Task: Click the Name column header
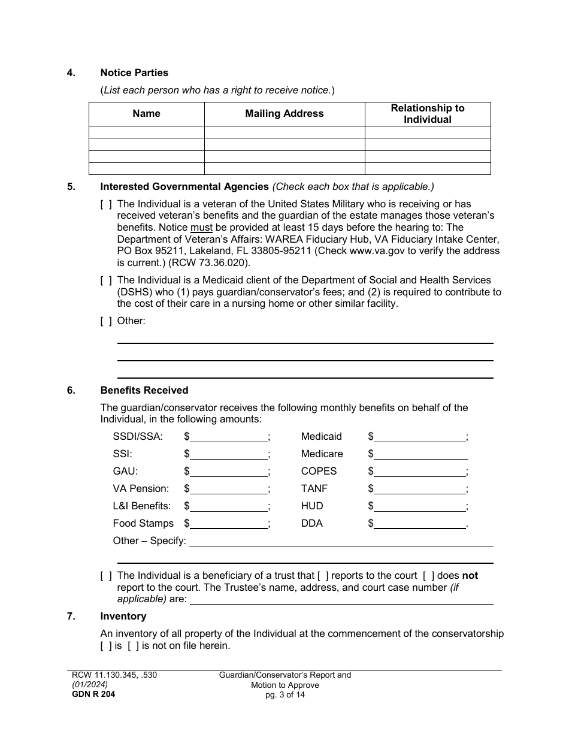coord(147,114)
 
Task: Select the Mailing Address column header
coord(284,114)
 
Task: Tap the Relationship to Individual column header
coord(428,114)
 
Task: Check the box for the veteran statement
coord(106,204)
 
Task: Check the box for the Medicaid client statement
coord(106,280)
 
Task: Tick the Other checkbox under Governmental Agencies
coord(106,321)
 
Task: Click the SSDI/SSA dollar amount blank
coord(228,437)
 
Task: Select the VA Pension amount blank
coord(228,489)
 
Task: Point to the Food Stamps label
coord(143,524)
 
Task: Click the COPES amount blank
coord(420,472)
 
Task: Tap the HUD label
coord(312,506)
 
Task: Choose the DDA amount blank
coord(420,524)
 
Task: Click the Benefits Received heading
coord(144,391)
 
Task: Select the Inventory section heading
coord(123,617)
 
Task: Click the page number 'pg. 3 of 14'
coord(285,695)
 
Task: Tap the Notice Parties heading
coord(134,73)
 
